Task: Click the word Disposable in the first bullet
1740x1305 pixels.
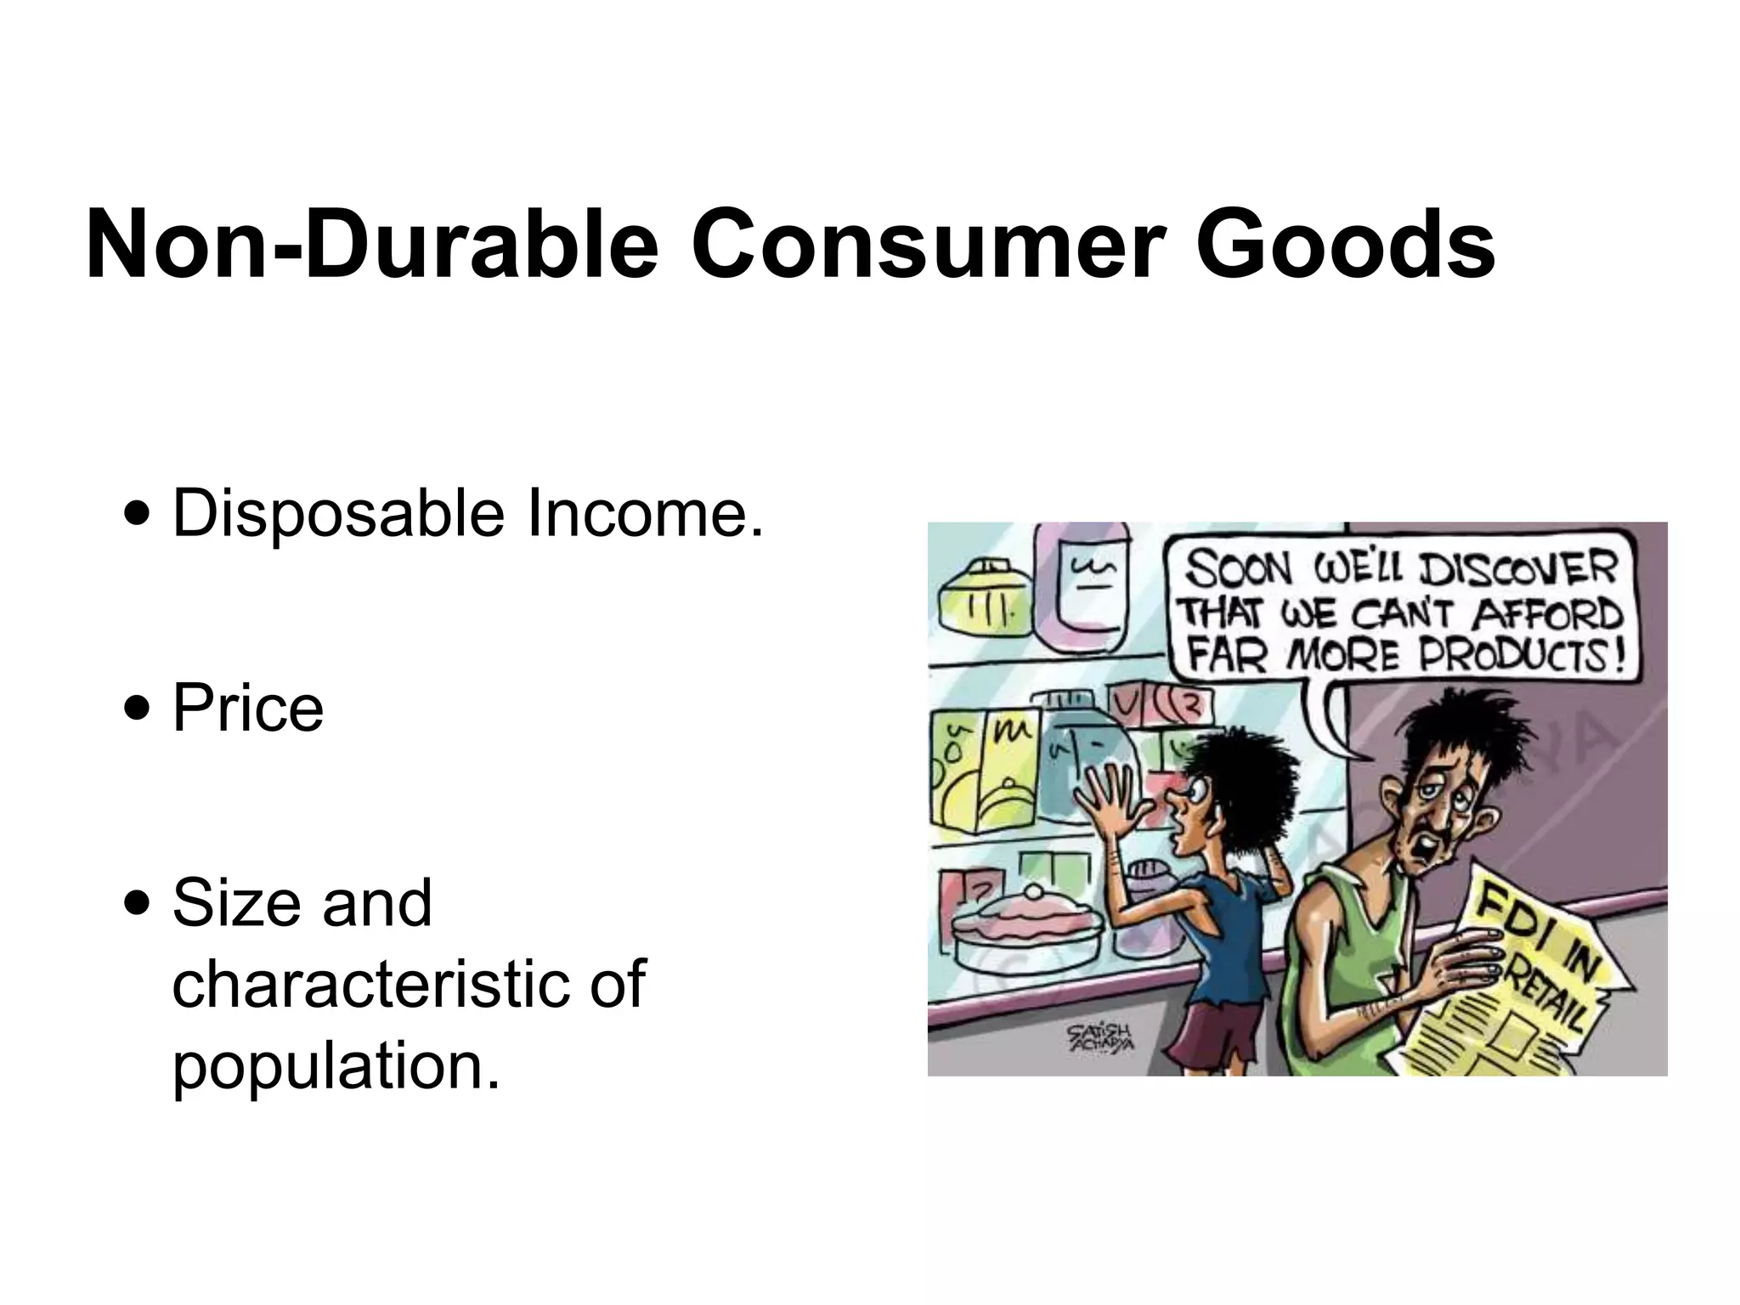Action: coord(338,515)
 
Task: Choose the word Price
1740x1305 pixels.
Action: coord(247,708)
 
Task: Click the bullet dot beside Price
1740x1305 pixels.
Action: coord(137,709)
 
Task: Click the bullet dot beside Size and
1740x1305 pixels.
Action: coord(137,903)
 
